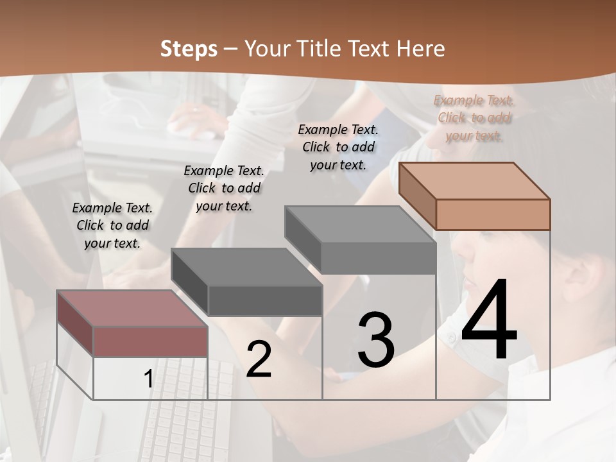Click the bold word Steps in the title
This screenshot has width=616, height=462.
coord(189,49)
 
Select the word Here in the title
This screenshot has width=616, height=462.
coord(420,49)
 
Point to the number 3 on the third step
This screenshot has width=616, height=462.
coord(376,339)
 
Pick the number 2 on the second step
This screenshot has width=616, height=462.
coord(259,359)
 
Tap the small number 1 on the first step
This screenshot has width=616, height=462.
coord(149,379)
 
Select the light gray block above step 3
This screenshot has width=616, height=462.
coord(363,239)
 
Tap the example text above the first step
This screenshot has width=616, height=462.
coord(112,226)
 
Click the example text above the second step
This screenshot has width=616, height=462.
coord(224,188)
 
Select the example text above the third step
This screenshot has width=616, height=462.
coord(338,147)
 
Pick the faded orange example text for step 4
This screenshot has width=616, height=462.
coord(474,118)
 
